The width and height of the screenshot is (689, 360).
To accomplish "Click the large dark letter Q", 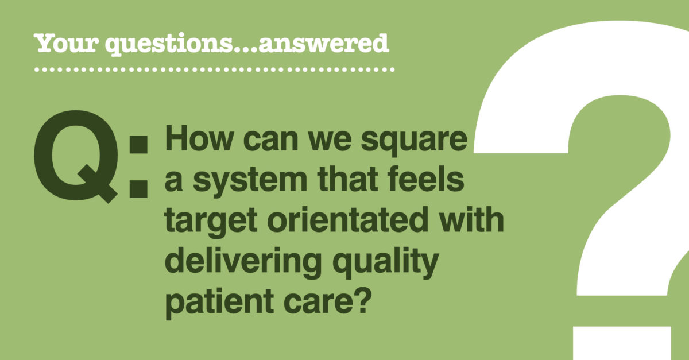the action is click(x=76, y=156).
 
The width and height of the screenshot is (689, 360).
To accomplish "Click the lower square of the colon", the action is click(x=138, y=188).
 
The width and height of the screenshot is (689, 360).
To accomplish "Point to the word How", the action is click(x=199, y=138).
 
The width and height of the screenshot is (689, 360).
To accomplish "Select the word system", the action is click(x=250, y=181).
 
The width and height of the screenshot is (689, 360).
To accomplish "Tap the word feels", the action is click(x=425, y=179).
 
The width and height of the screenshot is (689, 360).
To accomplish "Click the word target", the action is click(x=211, y=222).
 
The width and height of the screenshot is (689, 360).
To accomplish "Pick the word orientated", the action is click(x=347, y=219).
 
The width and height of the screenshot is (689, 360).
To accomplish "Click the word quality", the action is click(x=385, y=262).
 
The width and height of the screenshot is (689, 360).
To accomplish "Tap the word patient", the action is click(x=219, y=303).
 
